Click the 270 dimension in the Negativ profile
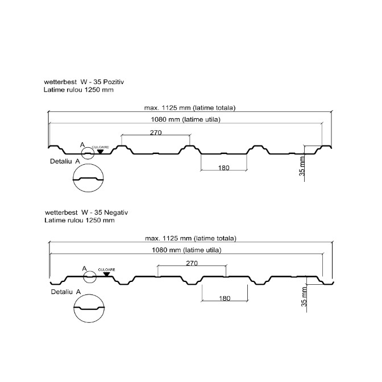click(x=192, y=263)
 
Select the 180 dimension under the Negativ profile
click(x=225, y=298)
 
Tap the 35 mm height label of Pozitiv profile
click(x=302, y=168)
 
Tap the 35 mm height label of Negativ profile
click(x=305, y=295)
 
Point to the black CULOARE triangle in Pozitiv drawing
click(x=101, y=151)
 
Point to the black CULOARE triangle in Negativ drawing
click(x=106, y=274)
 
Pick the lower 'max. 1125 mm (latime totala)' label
click(x=190, y=238)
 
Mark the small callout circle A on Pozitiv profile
click(x=88, y=152)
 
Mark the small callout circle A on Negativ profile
click(x=90, y=277)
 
